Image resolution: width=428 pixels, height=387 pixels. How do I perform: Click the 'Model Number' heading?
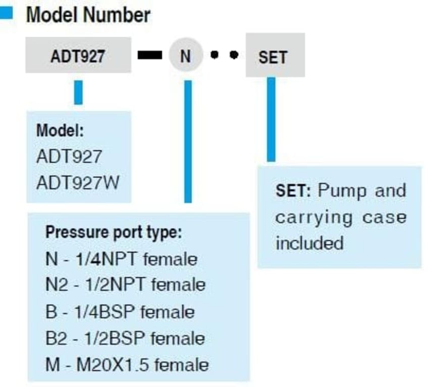click(x=88, y=15)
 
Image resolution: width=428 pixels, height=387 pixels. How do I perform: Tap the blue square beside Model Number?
click(x=6, y=14)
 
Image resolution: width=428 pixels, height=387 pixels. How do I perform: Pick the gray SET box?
click(x=275, y=56)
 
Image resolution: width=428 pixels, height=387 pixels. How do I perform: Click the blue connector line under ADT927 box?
click(x=78, y=92)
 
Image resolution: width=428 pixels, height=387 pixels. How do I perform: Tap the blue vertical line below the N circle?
click(x=188, y=141)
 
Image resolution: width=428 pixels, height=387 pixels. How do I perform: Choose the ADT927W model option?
click(x=78, y=182)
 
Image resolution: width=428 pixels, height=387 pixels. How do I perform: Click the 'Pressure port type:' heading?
click(x=114, y=233)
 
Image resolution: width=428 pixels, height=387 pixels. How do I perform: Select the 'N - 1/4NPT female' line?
click(x=121, y=259)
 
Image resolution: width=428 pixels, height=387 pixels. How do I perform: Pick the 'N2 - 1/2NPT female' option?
click(x=125, y=285)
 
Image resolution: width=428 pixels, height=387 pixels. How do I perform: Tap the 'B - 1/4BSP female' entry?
click(x=120, y=311)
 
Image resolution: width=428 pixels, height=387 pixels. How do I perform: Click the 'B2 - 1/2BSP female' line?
click(x=125, y=338)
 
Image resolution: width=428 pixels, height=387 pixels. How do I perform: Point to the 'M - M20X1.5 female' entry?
click(x=127, y=364)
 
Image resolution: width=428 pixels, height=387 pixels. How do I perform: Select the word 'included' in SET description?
click(x=309, y=243)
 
